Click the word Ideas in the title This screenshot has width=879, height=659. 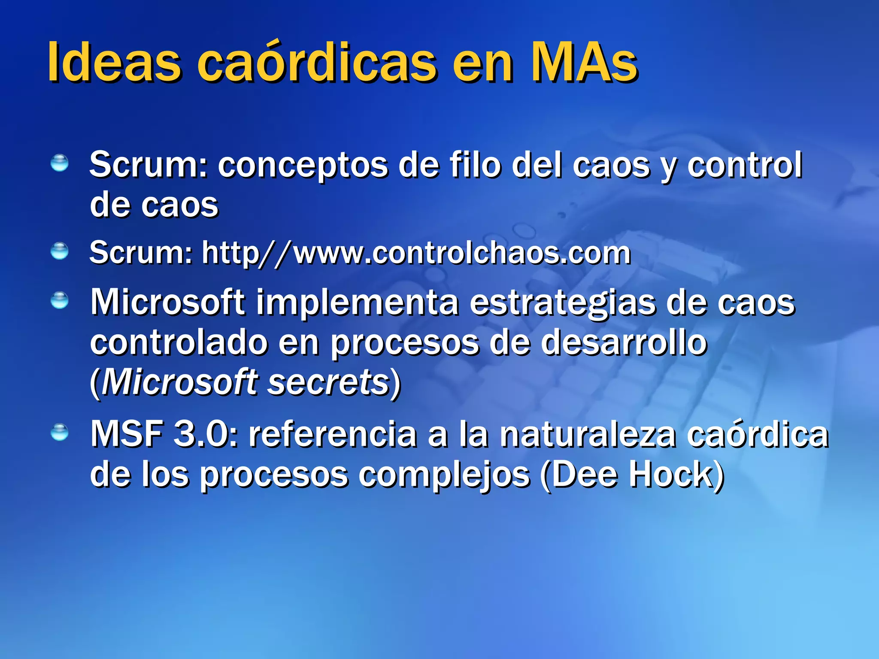click(114, 62)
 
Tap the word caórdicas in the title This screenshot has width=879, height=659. click(317, 62)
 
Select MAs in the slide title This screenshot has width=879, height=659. click(584, 62)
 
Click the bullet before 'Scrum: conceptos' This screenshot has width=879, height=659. click(59, 163)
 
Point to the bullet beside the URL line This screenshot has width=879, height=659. click(59, 251)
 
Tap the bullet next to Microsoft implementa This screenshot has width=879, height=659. click(59, 300)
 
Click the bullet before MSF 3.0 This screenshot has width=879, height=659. click(59, 432)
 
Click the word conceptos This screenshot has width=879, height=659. click(303, 166)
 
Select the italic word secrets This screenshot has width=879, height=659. click(328, 382)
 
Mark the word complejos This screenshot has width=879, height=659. click(444, 475)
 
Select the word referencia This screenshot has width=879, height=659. click(333, 435)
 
